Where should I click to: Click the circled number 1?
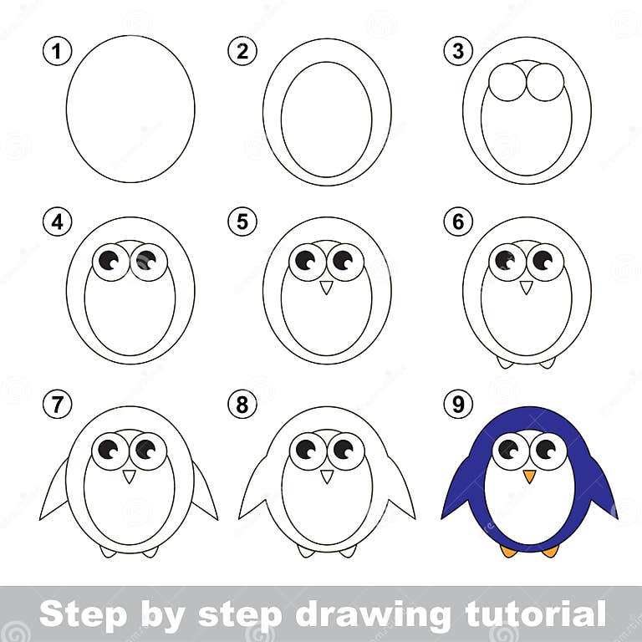(x=56, y=53)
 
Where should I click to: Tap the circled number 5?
(x=242, y=222)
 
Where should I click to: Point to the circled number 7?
(x=56, y=405)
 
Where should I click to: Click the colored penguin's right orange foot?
(x=549, y=550)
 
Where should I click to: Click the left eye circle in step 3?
(x=507, y=83)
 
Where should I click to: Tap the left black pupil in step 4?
(x=108, y=259)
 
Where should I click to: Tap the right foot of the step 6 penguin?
(x=546, y=362)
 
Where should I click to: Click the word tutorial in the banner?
(x=522, y=614)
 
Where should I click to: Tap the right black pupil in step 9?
(x=544, y=448)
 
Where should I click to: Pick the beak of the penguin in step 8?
(x=327, y=476)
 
